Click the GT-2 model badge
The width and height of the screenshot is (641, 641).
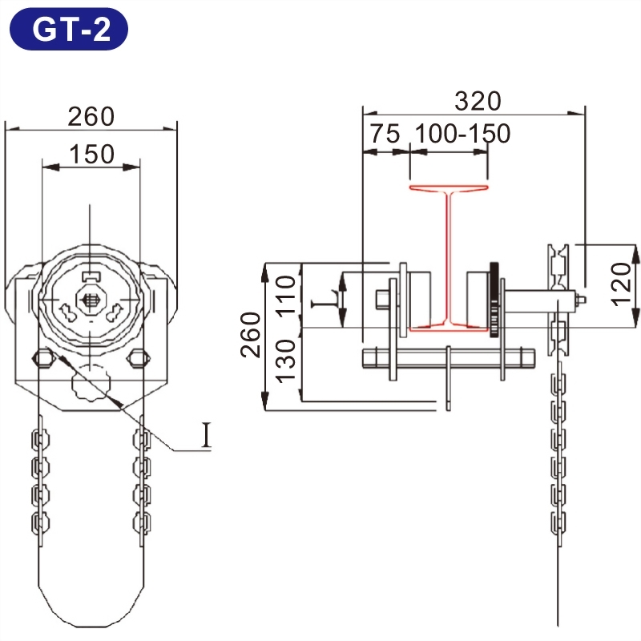(x=69, y=29)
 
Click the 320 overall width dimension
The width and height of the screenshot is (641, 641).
(x=478, y=101)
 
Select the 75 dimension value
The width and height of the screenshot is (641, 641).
(x=385, y=134)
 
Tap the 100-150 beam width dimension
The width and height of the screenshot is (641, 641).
(x=463, y=134)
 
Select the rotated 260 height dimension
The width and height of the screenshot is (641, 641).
(x=250, y=335)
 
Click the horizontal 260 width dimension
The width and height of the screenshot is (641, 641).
(x=91, y=116)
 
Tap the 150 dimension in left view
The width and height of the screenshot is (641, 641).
(x=91, y=154)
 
